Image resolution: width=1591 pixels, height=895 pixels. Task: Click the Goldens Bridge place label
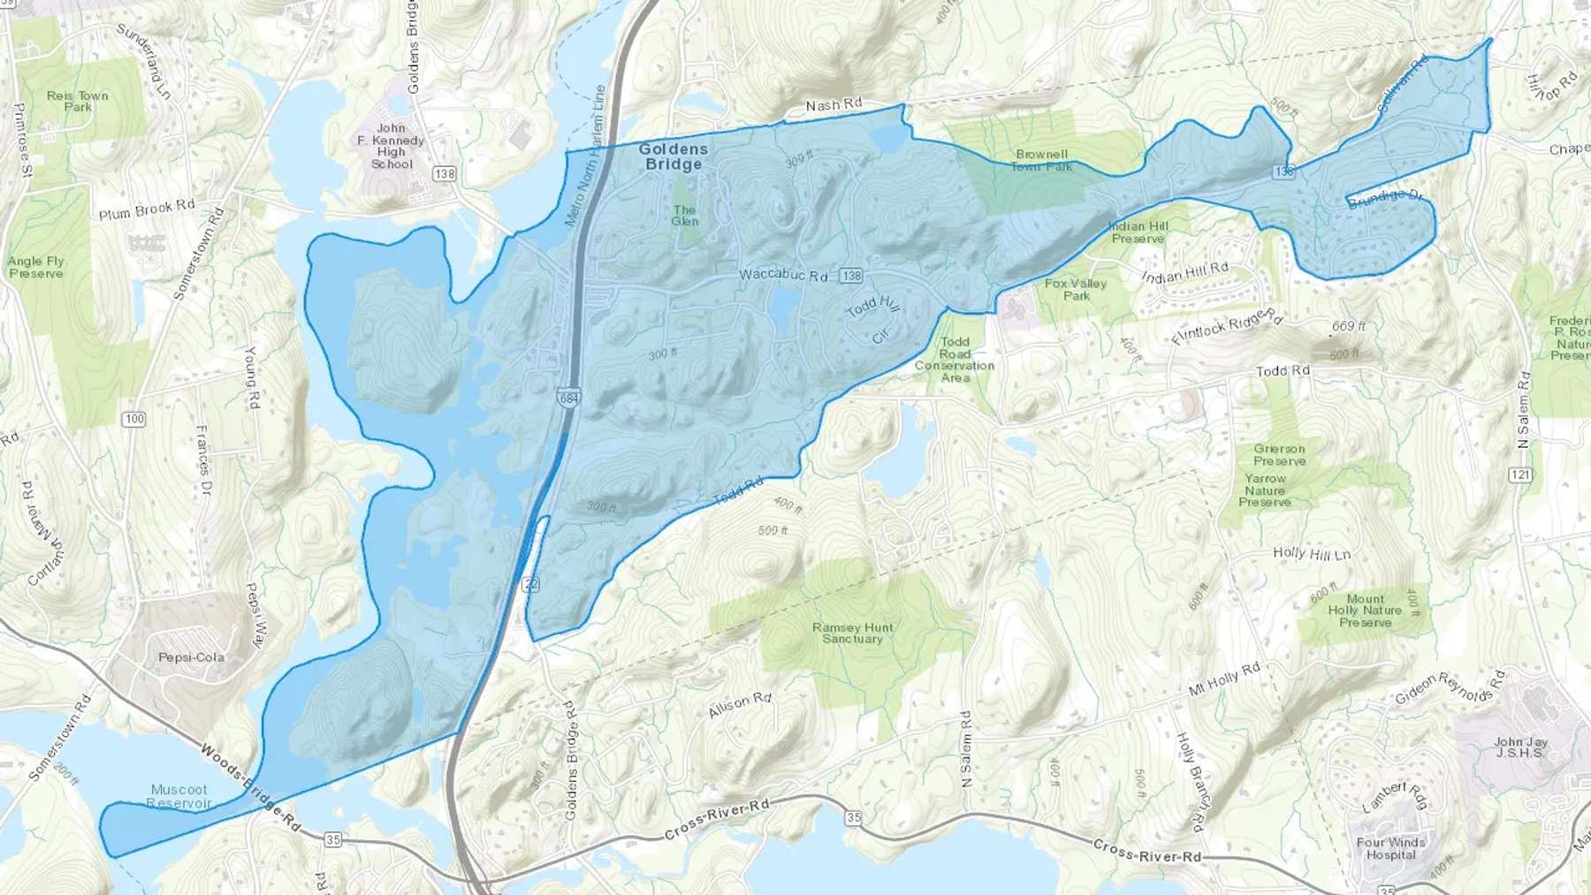point(673,156)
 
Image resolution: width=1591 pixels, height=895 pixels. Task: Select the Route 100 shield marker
point(134,419)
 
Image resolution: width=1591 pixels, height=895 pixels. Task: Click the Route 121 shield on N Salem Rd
point(1520,475)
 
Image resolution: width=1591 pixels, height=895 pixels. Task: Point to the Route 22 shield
point(530,584)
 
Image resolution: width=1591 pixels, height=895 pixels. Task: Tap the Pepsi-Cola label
point(191,657)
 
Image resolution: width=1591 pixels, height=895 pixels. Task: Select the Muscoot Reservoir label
point(179,796)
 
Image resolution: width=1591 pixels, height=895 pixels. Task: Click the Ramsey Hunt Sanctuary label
point(852,633)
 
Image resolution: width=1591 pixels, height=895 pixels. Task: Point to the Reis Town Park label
point(78,101)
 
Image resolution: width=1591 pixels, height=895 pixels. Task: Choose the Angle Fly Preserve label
point(36,267)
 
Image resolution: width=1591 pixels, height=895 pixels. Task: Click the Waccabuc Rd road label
point(783,275)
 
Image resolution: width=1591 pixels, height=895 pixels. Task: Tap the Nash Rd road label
point(834,104)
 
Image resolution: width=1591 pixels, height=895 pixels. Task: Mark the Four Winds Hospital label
point(1390,848)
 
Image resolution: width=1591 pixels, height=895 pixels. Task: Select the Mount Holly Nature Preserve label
point(1365,611)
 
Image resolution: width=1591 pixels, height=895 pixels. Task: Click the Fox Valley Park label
point(1076,289)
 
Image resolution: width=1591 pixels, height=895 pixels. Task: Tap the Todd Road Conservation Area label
point(955,360)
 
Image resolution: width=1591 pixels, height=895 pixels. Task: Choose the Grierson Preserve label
point(1279,454)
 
